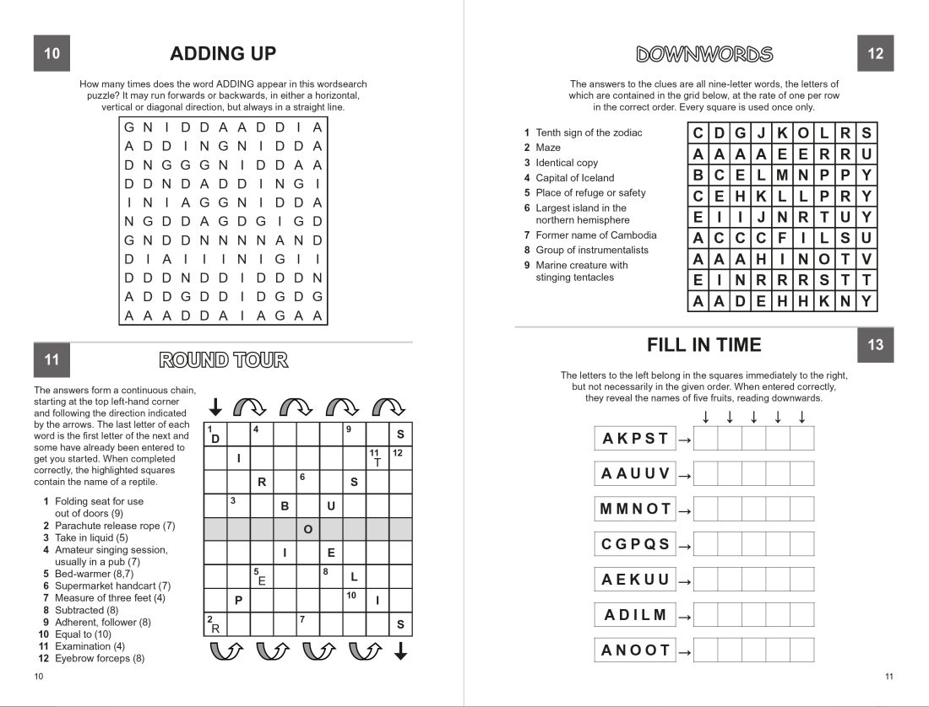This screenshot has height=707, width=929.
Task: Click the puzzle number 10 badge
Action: point(52,54)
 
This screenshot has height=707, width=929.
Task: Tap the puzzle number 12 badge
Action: point(875,54)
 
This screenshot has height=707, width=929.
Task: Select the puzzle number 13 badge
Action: point(875,345)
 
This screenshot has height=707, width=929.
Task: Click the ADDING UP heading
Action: point(223,54)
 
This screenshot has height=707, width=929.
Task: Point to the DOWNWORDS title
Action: point(704,55)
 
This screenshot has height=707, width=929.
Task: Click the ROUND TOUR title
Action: point(224,361)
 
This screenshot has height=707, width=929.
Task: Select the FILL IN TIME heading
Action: point(704,345)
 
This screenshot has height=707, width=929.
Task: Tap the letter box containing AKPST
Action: point(635,439)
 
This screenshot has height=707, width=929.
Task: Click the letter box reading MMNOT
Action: point(635,509)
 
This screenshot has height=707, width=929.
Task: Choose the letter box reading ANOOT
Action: point(635,650)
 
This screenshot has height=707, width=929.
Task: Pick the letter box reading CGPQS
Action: point(635,544)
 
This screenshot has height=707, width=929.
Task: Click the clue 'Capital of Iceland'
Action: point(574,178)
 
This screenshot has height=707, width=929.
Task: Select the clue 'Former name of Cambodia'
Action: point(595,235)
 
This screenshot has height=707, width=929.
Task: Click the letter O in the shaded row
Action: point(308,529)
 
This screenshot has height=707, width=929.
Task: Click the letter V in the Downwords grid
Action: point(866,259)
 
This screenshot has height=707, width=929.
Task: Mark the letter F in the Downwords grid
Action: point(781,238)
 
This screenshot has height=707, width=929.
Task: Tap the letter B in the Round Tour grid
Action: point(285,506)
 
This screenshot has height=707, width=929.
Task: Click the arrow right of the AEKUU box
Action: point(685,581)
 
